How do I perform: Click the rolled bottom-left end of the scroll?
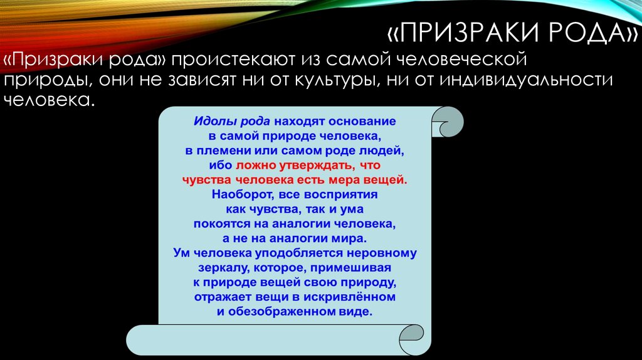141,338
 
